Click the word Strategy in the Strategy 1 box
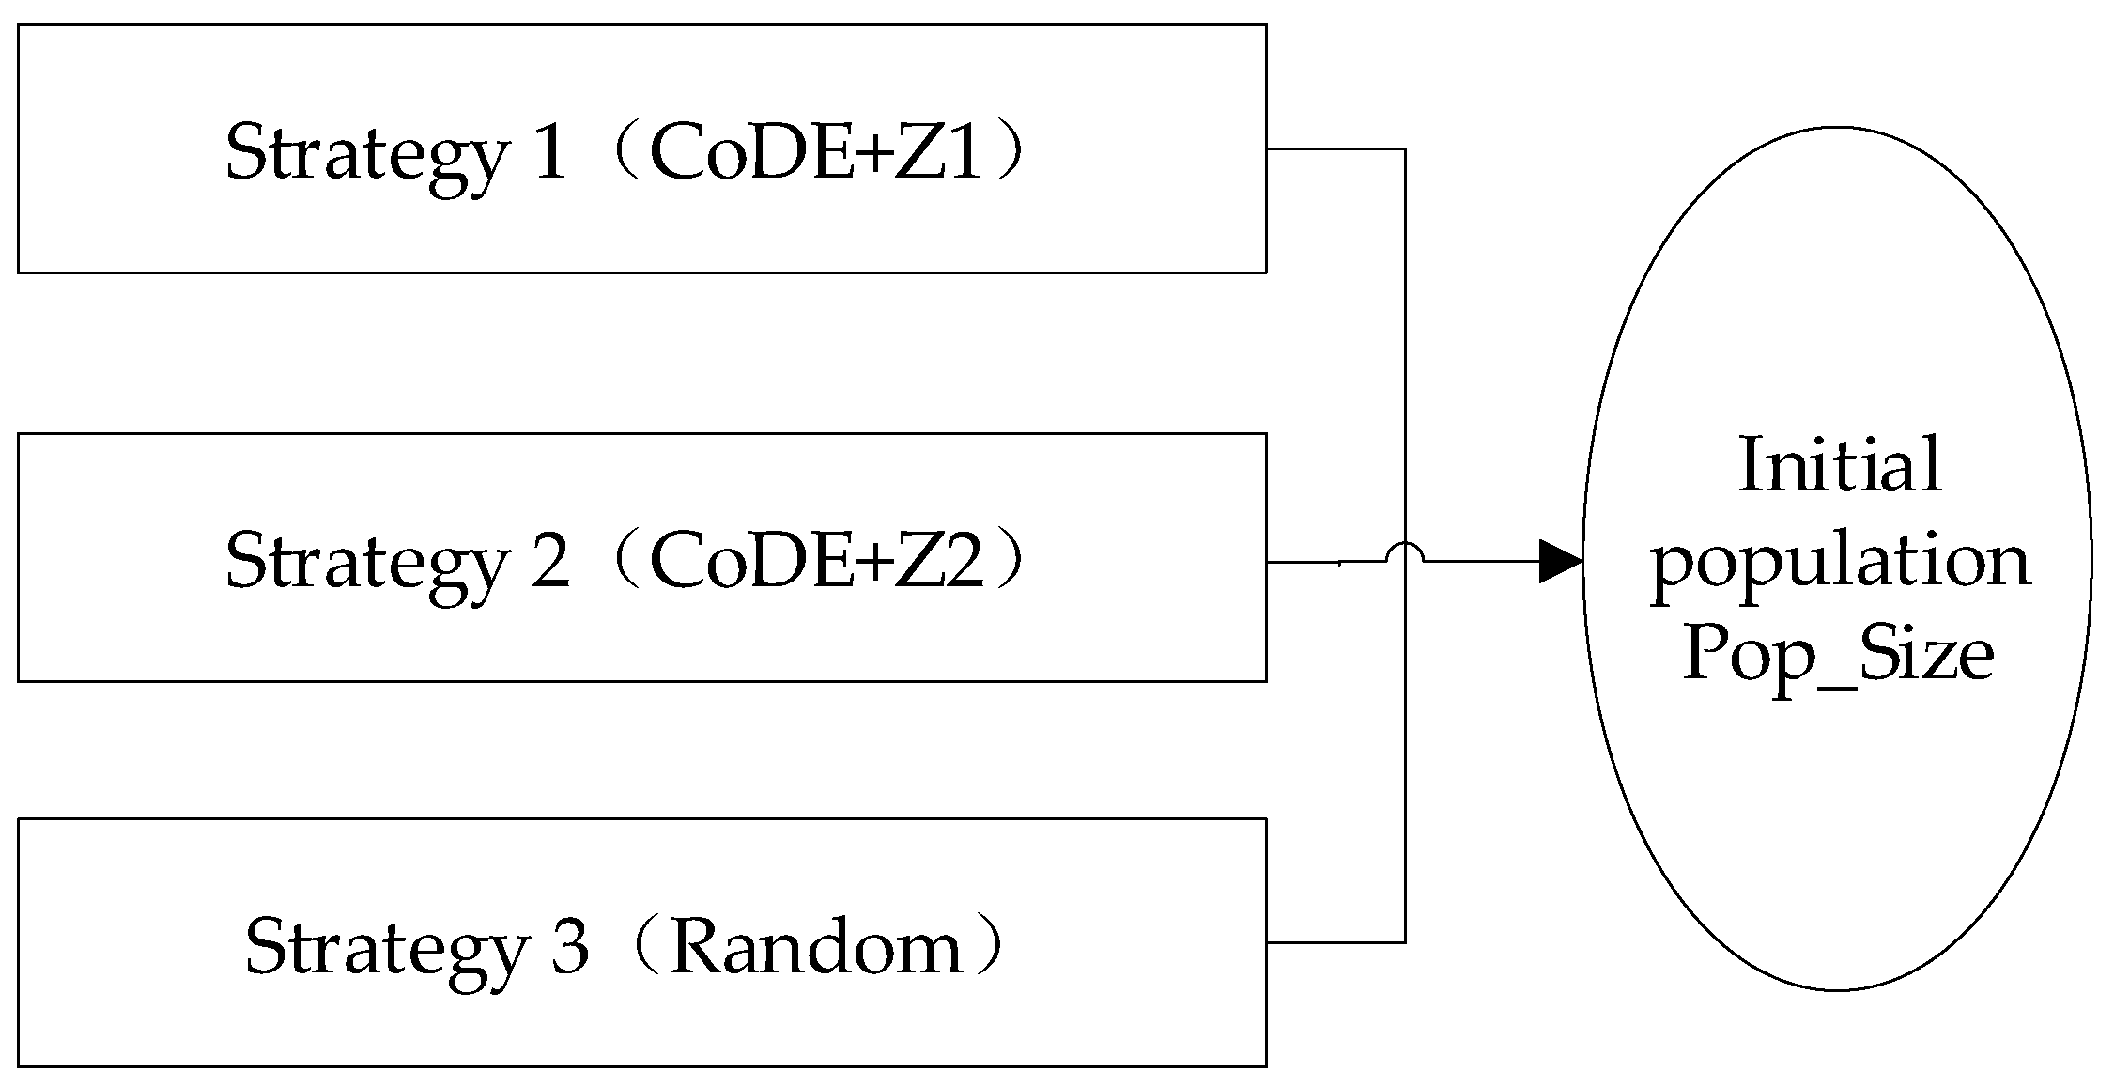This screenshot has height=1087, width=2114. tap(366, 155)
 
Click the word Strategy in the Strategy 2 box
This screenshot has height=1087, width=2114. tap(366, 564)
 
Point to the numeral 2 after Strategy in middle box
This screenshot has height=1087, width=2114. tap(550, 561)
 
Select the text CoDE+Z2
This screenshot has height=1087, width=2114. tap(814, 561)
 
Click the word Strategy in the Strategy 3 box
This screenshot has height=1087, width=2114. tap(386, 949)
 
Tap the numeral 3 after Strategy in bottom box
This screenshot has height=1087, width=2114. tap(570, 947)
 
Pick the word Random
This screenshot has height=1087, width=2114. tap(817, 947)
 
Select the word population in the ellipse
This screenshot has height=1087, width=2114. tap(1839, 564)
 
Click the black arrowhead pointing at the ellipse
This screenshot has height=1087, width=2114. tap(1560, 562)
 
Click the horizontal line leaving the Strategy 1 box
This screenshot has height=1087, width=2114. tap(1334, 148)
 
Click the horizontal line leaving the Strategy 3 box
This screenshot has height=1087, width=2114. tap(1334, 941)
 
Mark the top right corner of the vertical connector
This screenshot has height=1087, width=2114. tap(1405, 148)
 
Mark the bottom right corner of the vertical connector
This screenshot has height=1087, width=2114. tap(1405, 941)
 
